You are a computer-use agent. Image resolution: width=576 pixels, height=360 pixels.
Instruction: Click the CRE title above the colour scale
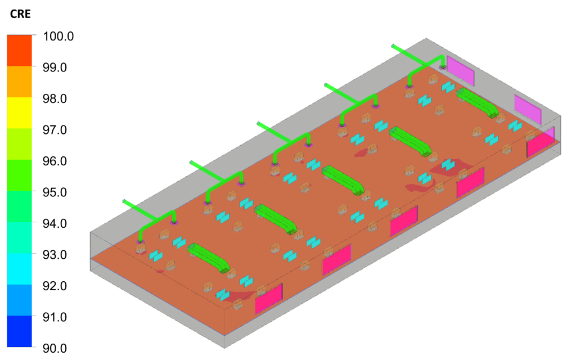(x=20, y=14)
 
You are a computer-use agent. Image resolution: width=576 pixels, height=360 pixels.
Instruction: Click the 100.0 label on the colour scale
(x=58, y=37)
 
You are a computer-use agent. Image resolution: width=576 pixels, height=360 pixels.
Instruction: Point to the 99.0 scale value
(x=55, y=67)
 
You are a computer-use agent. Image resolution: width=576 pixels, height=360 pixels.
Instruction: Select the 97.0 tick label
(x=55, y=130)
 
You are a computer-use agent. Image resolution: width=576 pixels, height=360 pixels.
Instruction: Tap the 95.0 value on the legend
(x=55, y=192)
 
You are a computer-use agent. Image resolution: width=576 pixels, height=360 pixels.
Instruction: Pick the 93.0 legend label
(x=55, y=255)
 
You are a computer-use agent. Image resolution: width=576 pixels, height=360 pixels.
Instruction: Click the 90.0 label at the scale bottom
(x=55, y=348)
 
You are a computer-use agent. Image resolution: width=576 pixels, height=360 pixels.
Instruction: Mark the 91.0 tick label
(x=55, y=317)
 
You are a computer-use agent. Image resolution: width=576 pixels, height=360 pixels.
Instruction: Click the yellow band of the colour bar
(x=20, y=112)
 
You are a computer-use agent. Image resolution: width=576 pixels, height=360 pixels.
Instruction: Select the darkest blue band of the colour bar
(x=20, y=331)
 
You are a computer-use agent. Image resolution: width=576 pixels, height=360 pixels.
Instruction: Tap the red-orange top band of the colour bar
(x=20, y=51)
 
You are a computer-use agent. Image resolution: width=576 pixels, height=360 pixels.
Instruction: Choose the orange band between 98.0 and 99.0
(x=20, y=82)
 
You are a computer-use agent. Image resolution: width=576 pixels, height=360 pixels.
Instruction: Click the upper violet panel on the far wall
(x=460, y=70)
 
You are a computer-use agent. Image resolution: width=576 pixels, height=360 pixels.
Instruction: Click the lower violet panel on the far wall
(x=528, y=109)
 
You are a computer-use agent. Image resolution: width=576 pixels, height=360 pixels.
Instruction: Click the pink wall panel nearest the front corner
(x=269, y=299)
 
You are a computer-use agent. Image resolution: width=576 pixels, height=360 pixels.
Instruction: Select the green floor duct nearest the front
(x=208, y=258)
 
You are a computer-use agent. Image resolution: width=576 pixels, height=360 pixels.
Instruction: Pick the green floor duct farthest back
(x=477, y=102)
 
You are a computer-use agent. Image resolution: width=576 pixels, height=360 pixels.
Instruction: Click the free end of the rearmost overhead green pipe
(x=393, y=46)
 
